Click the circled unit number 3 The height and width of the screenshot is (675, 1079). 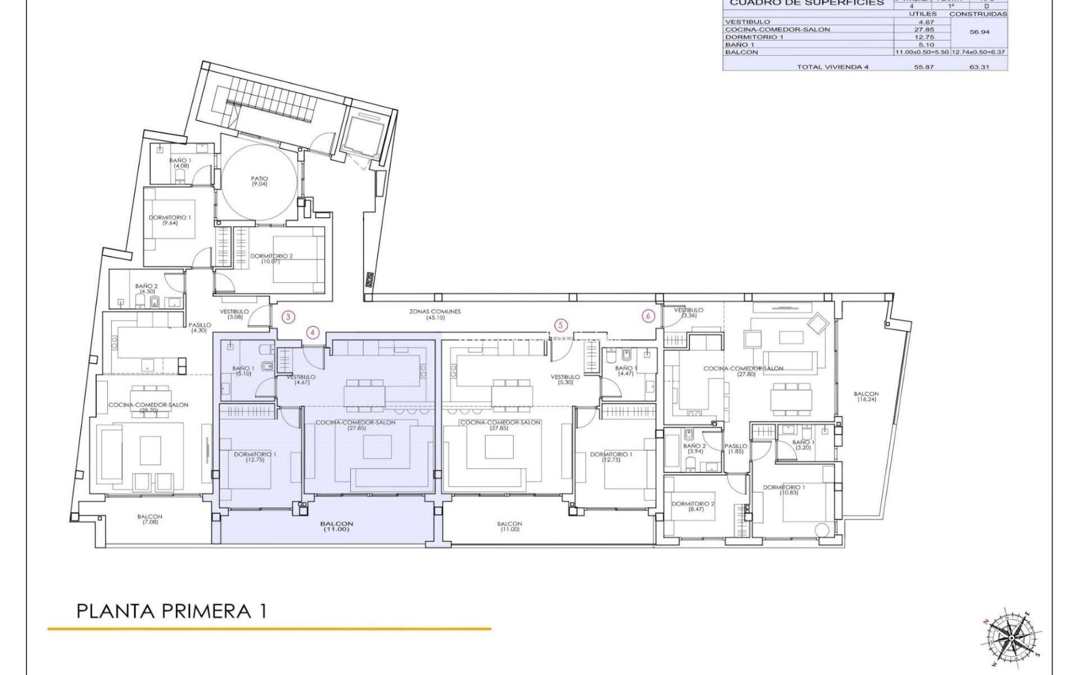tap(288, 317)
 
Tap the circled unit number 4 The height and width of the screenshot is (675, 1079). tap(313, 332)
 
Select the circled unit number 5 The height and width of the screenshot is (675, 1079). tap(560, 325)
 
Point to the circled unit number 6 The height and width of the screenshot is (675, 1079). tap(648, 316)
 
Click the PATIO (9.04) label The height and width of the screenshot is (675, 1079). tap(259, 181)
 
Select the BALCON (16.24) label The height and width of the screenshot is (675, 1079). tap(866, 397)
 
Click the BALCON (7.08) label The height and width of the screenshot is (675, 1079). tap(149, 519)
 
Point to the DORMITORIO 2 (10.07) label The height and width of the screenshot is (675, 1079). tap(272, 259)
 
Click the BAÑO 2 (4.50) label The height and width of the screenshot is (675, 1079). tap(146, 289)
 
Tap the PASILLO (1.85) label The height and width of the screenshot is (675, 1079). tap(736, 448)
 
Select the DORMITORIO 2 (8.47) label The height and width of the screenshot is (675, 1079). tap(692, 506)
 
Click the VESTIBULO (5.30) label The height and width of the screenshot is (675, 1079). tap(565, 380)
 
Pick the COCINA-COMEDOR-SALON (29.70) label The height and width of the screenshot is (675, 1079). tap(148, 407)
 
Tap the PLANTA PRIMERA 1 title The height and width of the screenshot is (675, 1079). tap(171, 611)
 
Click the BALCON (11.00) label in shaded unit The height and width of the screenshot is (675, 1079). tap(336, 526)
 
